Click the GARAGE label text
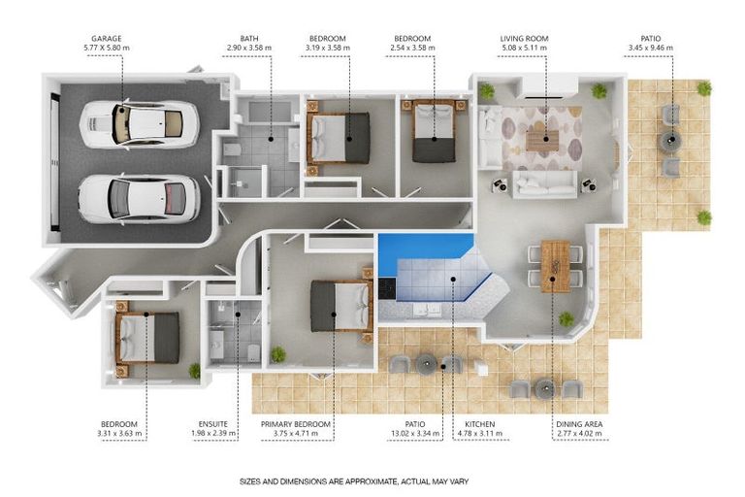[107, 39]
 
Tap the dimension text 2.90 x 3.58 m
[249, 48]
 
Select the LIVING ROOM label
[524, 39]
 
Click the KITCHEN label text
[479, 424]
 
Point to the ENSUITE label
[212, 424]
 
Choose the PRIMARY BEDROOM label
[296, 424]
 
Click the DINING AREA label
[579, 424]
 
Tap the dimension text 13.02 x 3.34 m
[415, 433]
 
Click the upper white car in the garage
[139, 124]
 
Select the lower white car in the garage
[139, 199]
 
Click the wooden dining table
[555, 266]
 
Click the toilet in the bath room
[232, 149]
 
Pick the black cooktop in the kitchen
[387, 288]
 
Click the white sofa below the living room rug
[544, 184]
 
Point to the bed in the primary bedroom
[341, 306]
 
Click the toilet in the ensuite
[254, 352]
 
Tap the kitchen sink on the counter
[428, 310]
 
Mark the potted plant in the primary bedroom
[278, 354]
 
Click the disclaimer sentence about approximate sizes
[354, 481]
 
